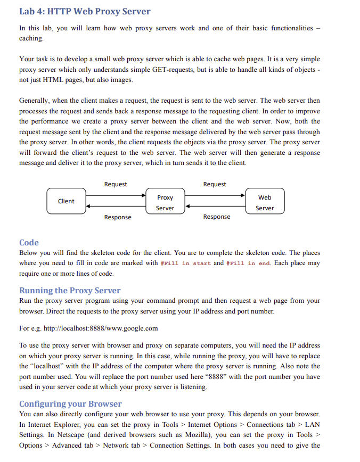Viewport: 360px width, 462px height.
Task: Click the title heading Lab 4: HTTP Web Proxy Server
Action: [x=85, y=11]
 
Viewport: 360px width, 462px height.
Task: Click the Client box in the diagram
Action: [x=66, y=201]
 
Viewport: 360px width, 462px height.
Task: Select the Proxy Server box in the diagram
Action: [x=165, y=203]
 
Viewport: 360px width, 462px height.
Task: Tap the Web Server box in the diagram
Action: [x=265, y=203]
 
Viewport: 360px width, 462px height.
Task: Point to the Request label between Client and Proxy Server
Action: [x=116, y=184]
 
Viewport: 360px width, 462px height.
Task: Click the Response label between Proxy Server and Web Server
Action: [x=217, y=217]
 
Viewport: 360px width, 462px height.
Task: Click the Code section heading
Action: [x=29, y=243]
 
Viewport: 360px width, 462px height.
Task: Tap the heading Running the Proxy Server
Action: [x=70, y=290]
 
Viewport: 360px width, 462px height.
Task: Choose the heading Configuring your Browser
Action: [x=70, y=403]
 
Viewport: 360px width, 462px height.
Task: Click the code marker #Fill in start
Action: [x=185, y=263]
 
